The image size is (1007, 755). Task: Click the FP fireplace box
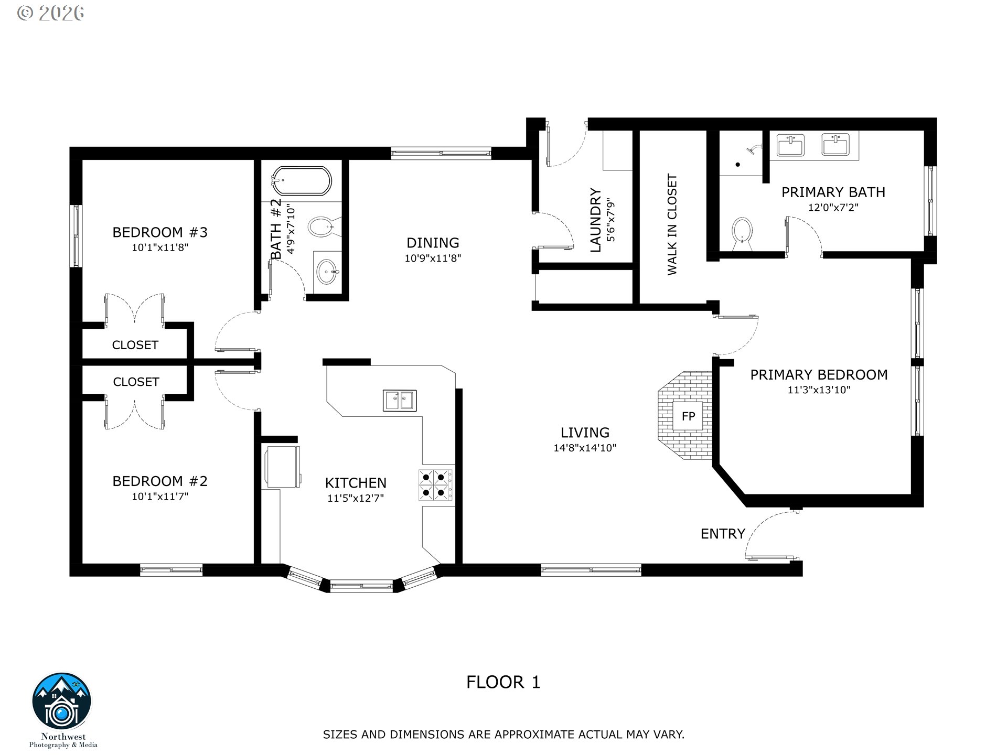point(688,416)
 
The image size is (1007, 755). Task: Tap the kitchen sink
point(400,401)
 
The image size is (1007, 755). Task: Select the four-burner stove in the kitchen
point(436,485)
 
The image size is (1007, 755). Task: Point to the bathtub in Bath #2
point(302,181)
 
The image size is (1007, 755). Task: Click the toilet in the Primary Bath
point(741,235)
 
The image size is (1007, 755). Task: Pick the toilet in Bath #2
point(321,227)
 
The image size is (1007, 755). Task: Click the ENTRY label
point(723,534)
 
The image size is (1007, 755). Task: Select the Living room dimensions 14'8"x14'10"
point(585,448)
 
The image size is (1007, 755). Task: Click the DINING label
point(433,243)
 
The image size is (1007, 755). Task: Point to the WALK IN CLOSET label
point(672,224)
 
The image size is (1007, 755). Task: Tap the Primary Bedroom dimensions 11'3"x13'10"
point(819,390)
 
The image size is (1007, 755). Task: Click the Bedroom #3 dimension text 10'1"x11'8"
point(160,247)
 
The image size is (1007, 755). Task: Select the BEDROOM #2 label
point(160,481)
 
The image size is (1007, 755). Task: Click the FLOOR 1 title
point(503,682)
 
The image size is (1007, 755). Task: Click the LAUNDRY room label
point(595,220)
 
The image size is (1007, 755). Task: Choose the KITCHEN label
point(356,483)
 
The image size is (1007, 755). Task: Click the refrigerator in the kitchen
point(283,467)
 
